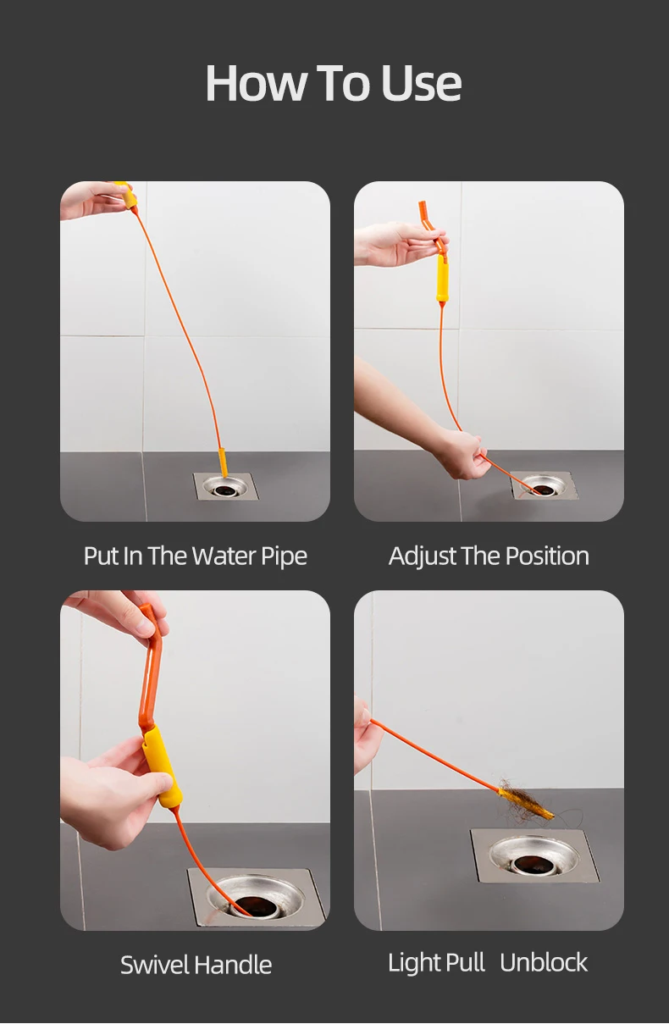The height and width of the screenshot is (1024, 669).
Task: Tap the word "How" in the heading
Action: point(256,83)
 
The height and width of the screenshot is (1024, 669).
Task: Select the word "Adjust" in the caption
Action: point(423,556)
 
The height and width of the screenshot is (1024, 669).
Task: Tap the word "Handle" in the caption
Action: point(233,965)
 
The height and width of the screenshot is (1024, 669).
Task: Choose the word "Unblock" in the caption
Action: point(544,962)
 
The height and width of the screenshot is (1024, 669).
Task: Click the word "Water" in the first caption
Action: point(224,556)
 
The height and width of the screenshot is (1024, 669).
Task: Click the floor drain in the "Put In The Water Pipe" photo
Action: point(225,486)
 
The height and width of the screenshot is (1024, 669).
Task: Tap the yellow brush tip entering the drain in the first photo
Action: point(224,462)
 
